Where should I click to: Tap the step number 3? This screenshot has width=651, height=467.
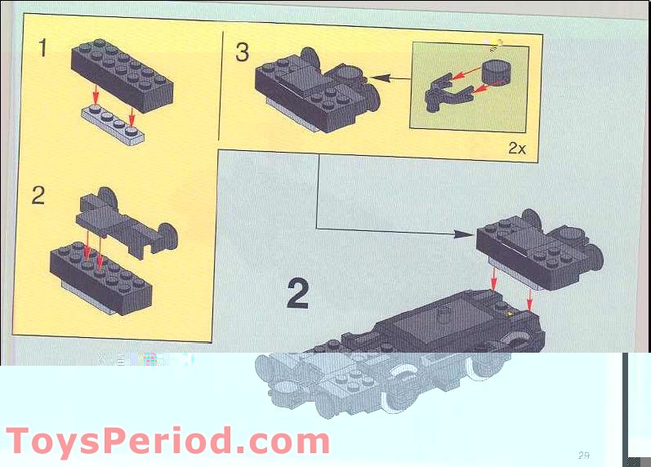pos(242,52)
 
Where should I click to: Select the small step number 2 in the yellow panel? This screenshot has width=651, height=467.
pos(38,196)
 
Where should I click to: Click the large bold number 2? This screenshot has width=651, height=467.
pos(297,294)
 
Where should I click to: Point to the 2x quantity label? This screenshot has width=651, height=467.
pos(517,148)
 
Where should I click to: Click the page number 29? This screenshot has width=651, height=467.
pos(583,455)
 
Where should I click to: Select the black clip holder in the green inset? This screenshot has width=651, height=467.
pos(445,93)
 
